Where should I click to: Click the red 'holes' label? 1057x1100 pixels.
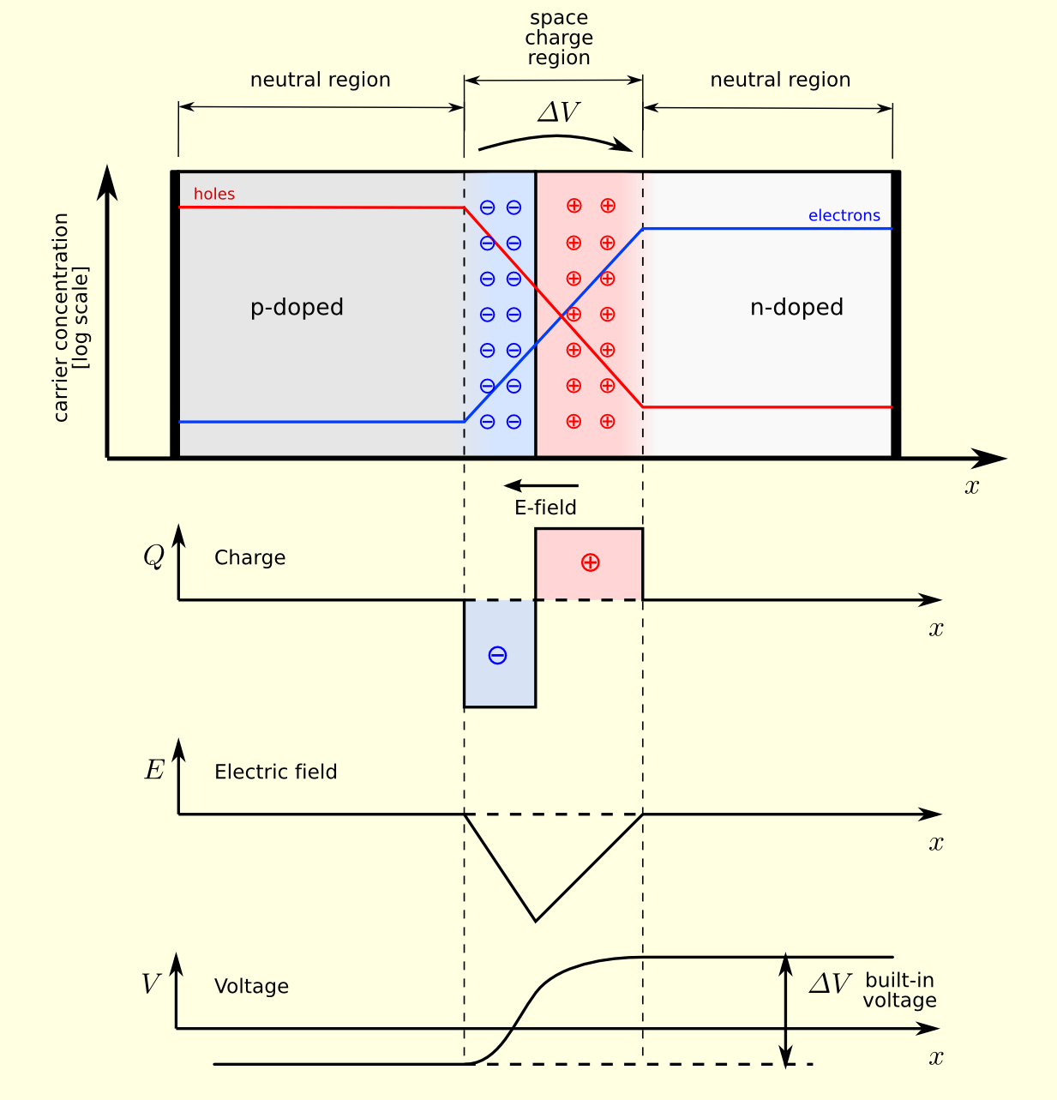click(x=213, y=195)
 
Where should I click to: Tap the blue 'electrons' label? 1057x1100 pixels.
click(x=844, y=216)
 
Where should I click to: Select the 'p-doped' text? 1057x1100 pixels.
click(x=297, y=308)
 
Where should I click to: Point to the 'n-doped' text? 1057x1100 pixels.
click(x=796, y=308)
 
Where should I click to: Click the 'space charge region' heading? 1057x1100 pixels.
click(x=559, y=39)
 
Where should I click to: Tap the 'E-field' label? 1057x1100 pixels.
click(x=545, y=508)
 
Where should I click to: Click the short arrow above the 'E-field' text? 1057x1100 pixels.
click(x=541, y=486)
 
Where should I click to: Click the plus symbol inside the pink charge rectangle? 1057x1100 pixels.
click(x=590, y=562)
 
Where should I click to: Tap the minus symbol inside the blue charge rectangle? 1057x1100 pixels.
click(x=497, y=656)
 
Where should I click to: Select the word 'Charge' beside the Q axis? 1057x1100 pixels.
click(x=249, y=558)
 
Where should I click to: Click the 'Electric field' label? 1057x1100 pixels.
click(x=275, y=772)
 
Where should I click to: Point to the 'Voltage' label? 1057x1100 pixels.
click(x=251, y=987)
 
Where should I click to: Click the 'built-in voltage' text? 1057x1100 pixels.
click(x=899, y=991)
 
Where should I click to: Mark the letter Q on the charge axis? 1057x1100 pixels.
click(x=153, y=557)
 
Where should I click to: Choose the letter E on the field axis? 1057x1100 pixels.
click(x=154, y=771)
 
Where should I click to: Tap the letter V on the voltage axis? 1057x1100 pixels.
click(x=151, y=984)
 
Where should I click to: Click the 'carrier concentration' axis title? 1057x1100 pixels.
click(x=69, y=318)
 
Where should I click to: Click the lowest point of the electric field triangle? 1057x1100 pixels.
click(x=536, y=921)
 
